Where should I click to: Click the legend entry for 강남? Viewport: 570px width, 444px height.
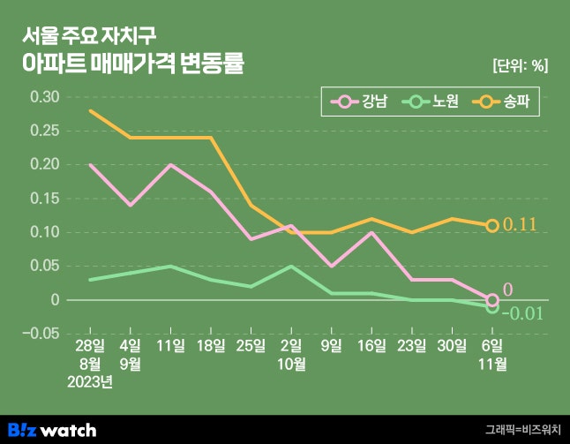pyautogui.click(x=362, y=102)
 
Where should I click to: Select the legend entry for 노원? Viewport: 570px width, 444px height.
pyautogui.click(x=432, y=102)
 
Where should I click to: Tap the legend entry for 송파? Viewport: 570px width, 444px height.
pyautogui.click(x=504, y=102)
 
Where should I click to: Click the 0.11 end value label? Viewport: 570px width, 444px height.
pyautogui.click(x=520, y=225)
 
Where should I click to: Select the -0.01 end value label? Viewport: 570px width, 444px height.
pyautogui.click(x=522, y=313)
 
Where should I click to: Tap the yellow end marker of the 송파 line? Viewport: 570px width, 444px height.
pyautogui.click(x=492, y=225)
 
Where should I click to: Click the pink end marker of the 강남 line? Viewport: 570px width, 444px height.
pyautogui.click(x=492, y=299)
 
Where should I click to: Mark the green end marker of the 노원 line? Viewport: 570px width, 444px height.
pyautogui.click(x=492, y=307)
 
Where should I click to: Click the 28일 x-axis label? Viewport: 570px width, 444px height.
pyautogui.click(x=90, y=346)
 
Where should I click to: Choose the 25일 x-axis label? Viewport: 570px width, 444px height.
pyautogui.click(x=251, y=346)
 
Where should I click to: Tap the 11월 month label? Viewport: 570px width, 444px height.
pyautogui.click(x=492, y=364)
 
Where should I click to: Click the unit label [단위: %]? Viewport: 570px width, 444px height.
pyautogui.click(x=521, y=65)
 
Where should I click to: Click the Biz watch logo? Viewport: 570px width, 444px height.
pyautogui.click(x=58, y=430)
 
